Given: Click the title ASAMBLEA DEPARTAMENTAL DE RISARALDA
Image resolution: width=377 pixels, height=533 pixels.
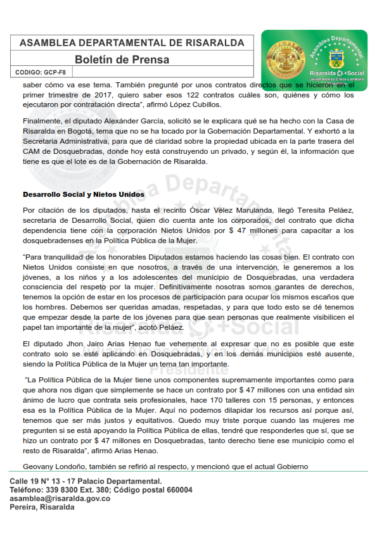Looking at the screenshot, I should (x=132, y=42).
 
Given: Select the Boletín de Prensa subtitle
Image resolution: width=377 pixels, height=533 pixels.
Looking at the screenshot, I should (x=131, y=60).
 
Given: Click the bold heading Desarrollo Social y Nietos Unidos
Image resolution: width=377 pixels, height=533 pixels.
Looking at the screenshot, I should (x=84, y=194).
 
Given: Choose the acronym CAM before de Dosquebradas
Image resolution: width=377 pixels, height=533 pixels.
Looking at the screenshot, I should (x=32, y=151).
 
